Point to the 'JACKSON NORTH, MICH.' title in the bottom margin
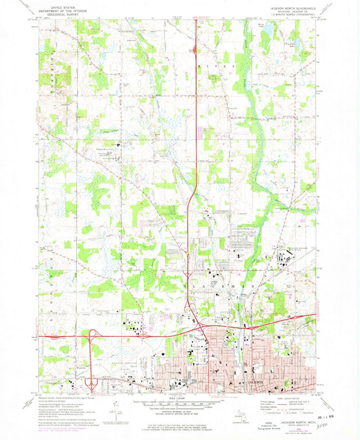pyautogui.click(x=282, y=422)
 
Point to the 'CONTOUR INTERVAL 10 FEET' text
pyautogui.click(x=180, y=410)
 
